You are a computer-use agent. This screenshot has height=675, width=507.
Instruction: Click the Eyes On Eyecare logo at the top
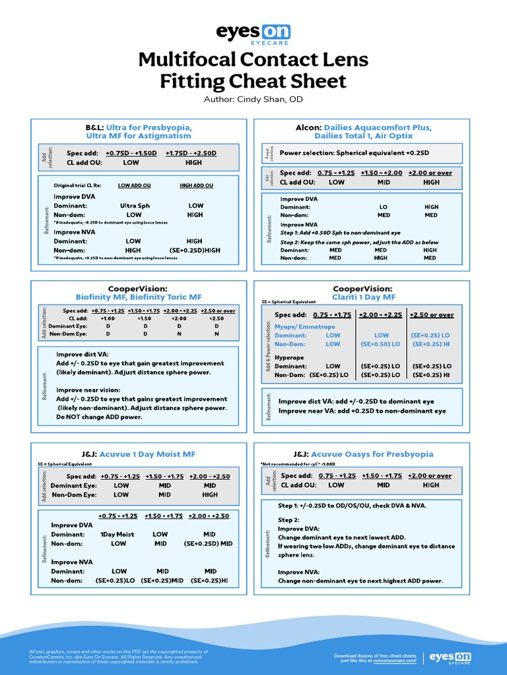click(x=253, y=33)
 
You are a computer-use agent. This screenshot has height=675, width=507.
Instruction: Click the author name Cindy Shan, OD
click(x=253, y=99)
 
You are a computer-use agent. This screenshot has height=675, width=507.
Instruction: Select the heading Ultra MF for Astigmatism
click(x=139, y=136)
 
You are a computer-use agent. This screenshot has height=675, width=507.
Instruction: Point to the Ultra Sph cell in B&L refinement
click(x=135, y=206)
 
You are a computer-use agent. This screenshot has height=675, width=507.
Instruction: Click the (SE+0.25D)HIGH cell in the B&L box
click(x=195, y=250)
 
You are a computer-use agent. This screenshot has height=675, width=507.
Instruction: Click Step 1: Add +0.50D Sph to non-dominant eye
click(x=341, y=233)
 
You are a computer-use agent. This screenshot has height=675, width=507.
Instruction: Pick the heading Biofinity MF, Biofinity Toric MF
click(x=139, y=297)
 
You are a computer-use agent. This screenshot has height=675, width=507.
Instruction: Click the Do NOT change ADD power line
click(x=99, y=417)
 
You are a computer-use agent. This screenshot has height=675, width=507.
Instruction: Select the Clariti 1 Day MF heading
click(x=362, y=297)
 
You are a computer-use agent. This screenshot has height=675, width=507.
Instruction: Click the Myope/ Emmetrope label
click(x=305, y=326)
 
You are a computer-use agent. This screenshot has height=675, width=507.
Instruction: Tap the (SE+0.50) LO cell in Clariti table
click(x=381, y=344)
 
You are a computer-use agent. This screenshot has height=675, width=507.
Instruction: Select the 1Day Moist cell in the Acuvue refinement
click(x=117, y=534)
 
